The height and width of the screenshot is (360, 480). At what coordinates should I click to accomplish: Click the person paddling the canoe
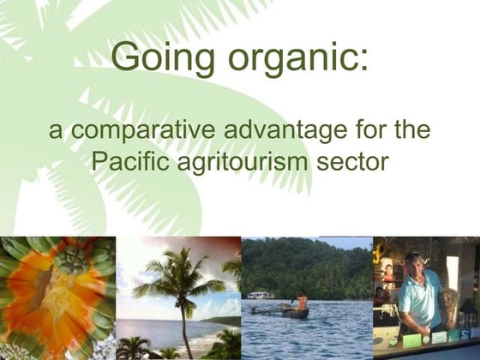coord(302,301)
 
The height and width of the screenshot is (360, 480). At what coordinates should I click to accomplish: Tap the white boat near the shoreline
coord(261,296)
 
